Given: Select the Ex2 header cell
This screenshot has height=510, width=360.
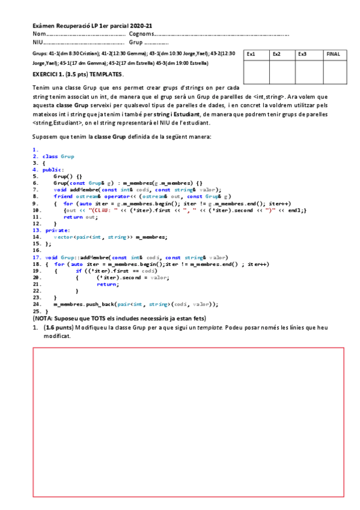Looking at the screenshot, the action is (282, 54).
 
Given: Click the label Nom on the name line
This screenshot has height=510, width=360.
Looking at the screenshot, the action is (39, 34).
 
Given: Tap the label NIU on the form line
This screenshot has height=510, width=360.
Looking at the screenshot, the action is (38, 43).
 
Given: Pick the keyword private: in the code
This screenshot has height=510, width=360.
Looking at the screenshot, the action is (56, 230).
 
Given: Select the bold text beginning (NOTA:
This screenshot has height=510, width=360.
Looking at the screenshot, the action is (120, 318).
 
